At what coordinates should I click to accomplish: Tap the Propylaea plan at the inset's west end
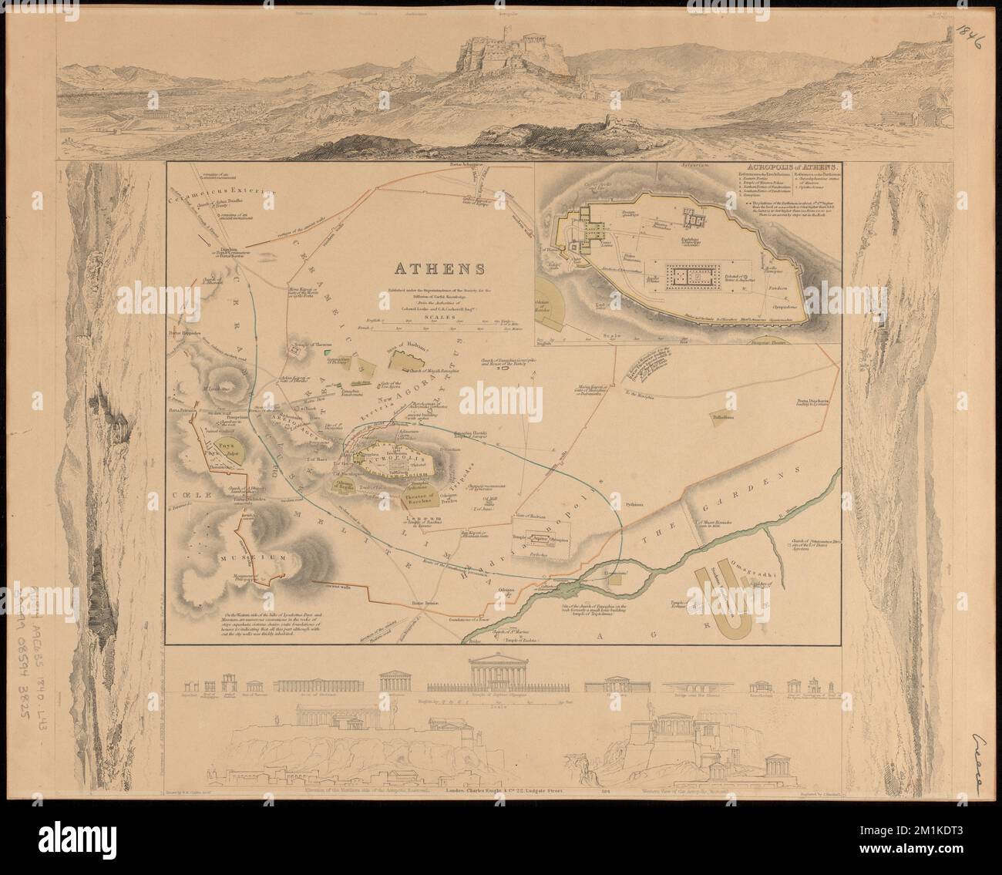coord(594,231)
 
